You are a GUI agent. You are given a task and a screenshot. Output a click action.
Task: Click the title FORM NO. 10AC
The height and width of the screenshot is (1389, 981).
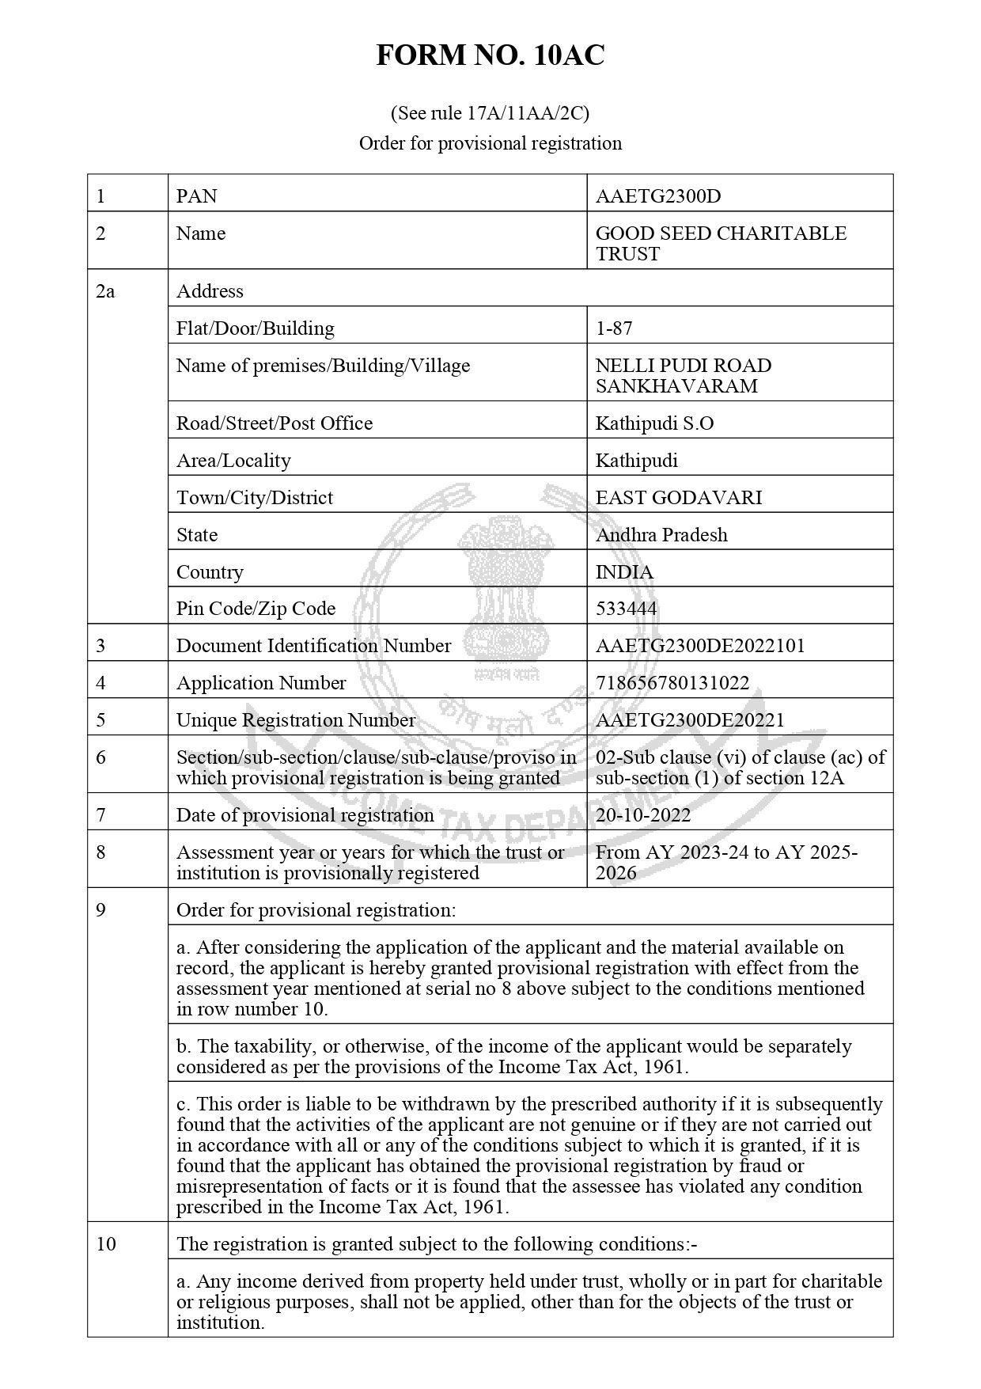490,55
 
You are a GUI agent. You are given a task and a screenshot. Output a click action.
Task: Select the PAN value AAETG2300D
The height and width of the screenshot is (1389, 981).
657,195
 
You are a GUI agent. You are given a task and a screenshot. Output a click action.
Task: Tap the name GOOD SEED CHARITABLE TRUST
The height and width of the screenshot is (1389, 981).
720,243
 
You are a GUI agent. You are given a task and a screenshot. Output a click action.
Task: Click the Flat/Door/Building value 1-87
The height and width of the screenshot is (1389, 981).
614,328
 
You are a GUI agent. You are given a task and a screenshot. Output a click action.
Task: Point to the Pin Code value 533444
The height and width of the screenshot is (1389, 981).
626,608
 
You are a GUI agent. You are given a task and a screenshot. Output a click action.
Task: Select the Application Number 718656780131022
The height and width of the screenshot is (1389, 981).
672,682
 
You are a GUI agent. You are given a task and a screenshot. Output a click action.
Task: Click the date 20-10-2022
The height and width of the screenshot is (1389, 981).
642,814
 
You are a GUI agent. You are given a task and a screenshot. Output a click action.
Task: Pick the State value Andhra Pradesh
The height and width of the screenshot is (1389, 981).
661,534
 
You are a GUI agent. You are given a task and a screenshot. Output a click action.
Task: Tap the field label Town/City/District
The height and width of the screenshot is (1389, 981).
254,497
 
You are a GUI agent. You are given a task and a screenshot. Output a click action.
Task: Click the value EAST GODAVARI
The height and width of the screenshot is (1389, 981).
678,497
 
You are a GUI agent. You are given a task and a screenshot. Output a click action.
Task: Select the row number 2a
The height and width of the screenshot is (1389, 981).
105,290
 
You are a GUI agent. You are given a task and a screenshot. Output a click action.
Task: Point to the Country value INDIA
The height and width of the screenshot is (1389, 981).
624,571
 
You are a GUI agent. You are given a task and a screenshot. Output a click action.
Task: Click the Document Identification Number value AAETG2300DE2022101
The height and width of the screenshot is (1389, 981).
699,645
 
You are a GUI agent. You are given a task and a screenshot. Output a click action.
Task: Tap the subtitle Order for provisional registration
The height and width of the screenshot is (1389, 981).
490,143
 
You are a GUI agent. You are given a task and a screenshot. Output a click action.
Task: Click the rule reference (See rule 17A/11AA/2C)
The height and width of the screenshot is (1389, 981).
490,113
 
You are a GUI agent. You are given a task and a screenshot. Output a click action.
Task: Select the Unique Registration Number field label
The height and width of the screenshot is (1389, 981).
295,719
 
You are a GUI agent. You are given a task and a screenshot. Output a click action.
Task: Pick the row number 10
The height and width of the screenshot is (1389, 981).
106,1243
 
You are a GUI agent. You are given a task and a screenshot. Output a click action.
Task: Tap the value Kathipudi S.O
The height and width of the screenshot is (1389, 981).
654,423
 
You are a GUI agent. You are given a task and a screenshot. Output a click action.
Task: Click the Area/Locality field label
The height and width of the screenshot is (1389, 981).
233,460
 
